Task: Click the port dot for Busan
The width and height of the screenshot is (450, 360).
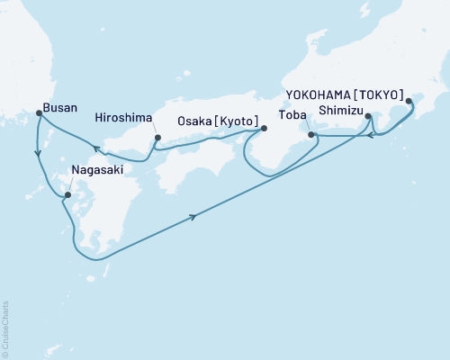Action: (x=39, y=112)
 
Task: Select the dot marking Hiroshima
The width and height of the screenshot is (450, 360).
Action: (x=157, y=138)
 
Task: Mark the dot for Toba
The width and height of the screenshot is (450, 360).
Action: (x=311, y=135)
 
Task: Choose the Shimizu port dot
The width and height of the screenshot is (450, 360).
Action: (x=370, y=116)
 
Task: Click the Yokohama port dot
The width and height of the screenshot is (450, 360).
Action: (x=409, y=102)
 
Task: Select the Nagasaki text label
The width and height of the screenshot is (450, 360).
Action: (x=91, y=167)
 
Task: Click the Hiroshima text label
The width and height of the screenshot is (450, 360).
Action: (x=124, y=117)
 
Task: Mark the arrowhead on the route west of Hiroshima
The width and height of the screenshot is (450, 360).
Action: (x=94, y=146)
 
